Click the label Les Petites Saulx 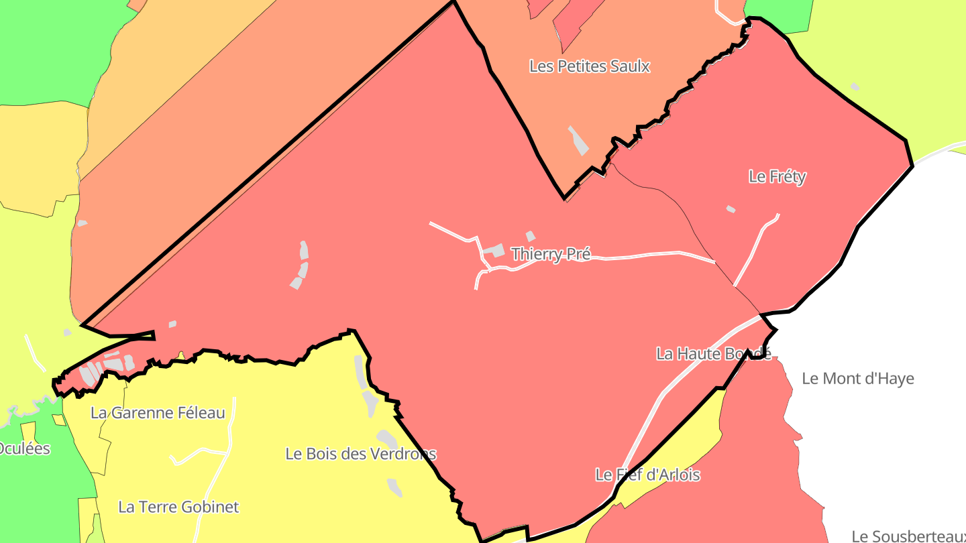click(x=590, y=66)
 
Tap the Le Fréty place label click(x=777, y=177)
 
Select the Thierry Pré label click(x=551, y=254)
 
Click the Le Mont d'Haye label click(x=857, y=379)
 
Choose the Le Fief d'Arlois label click(x=647, y=475)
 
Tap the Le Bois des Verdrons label click(x=361, y=454)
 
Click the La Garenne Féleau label click(x=158, y=413)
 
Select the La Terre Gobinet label click(x=178, y=507)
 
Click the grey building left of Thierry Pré click(x=494, y=251)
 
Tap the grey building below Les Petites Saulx click(x=578, y=141)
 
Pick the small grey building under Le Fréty click(x=731, y=209)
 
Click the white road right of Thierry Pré click(x=644, y=255)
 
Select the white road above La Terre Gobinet click(x=201, y=452)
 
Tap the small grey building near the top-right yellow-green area click(x=855, y=86)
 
